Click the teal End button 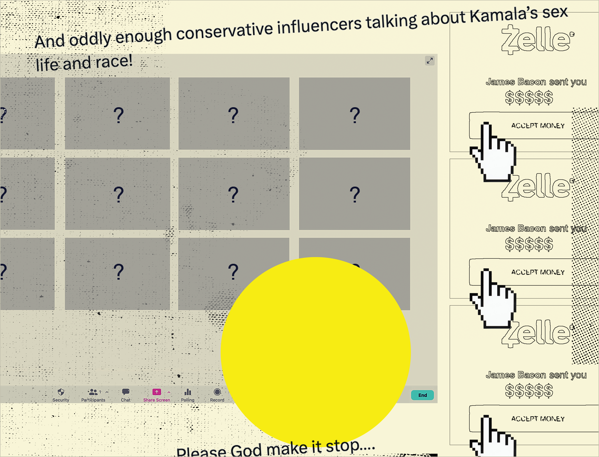click(x=422, y=395)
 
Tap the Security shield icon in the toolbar click(x=61, y=392)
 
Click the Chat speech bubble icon click(x=126, y=392)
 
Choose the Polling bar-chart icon click(x=188, y=392)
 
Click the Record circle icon click(x=217, y=392)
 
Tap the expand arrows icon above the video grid click(x=430, y=61)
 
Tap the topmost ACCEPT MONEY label click(x=538, y=126)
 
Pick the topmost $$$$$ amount click(x=529, y=98)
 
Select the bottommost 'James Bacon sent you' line click(x=536, y=375)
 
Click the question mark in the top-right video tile click(x=354, y=115)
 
